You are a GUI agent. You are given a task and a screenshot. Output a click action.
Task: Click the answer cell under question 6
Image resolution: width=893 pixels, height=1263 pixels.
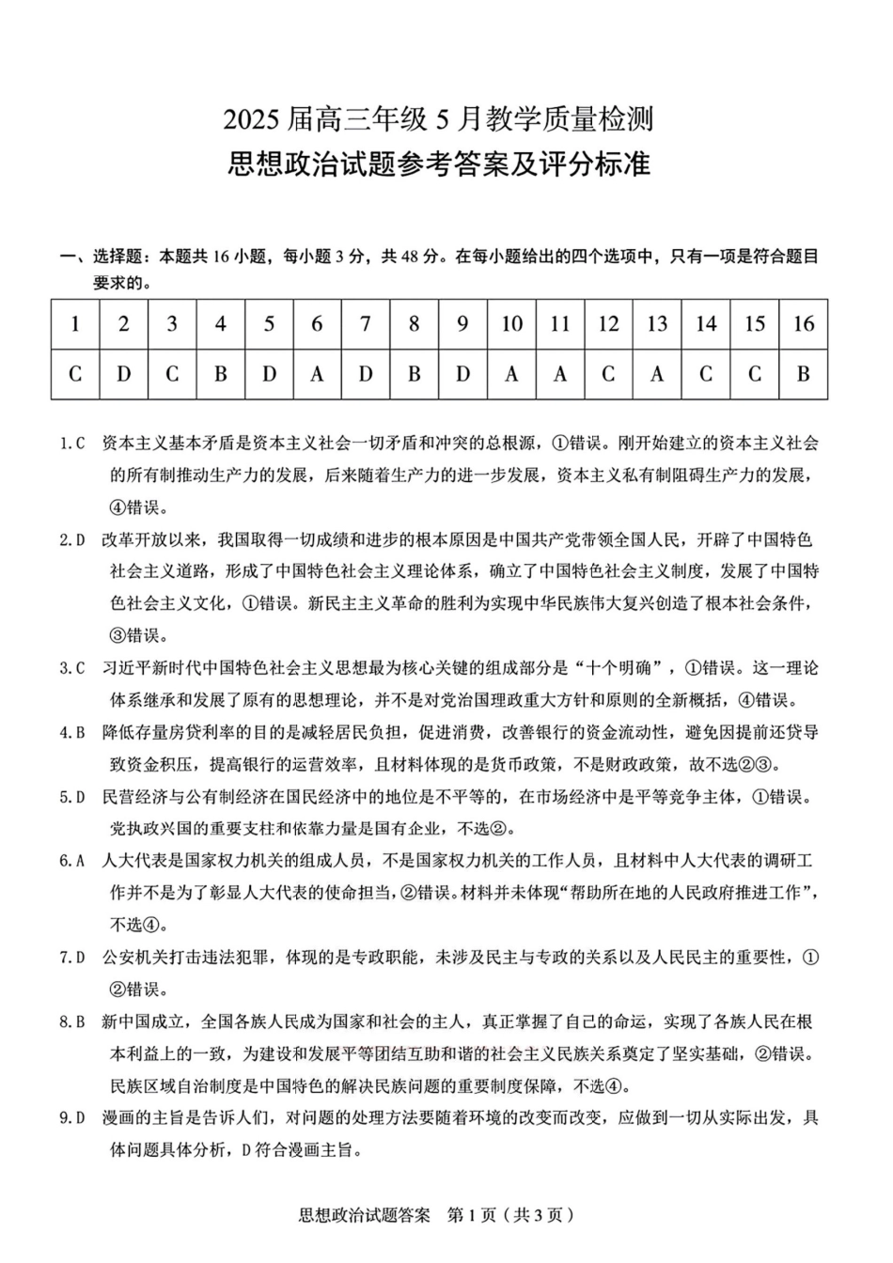point(317,374)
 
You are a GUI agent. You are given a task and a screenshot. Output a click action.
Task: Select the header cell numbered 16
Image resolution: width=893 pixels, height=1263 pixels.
point(803,324)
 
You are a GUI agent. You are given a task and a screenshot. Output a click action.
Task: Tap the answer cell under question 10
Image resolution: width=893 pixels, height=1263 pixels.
point(511,374)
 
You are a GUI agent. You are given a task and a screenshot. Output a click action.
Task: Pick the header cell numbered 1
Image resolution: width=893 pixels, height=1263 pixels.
point(75,324)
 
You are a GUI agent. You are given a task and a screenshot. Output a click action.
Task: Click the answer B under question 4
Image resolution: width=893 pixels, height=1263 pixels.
point(220,374)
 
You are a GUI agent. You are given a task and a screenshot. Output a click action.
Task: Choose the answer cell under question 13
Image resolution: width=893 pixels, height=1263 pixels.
point(657,374)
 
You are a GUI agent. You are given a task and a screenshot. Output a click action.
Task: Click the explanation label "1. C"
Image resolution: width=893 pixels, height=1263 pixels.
point(72,444)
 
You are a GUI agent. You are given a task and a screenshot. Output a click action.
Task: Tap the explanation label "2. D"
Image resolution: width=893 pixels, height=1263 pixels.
point(72,539)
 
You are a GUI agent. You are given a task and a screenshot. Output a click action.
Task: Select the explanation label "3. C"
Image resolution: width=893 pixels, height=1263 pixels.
point(72,668)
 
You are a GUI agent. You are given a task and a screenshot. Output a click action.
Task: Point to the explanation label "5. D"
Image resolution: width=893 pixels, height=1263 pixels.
point(72,797)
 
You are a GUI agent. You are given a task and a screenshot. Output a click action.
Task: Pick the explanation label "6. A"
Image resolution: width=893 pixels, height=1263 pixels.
point(72,861)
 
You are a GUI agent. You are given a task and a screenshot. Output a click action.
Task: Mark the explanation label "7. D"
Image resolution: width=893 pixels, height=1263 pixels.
point(72,958)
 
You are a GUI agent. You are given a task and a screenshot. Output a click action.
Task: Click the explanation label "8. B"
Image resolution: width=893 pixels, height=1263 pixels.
point(72,1021)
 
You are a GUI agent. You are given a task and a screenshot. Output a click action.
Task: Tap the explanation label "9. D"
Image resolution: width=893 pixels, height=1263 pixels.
point(72,1118)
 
